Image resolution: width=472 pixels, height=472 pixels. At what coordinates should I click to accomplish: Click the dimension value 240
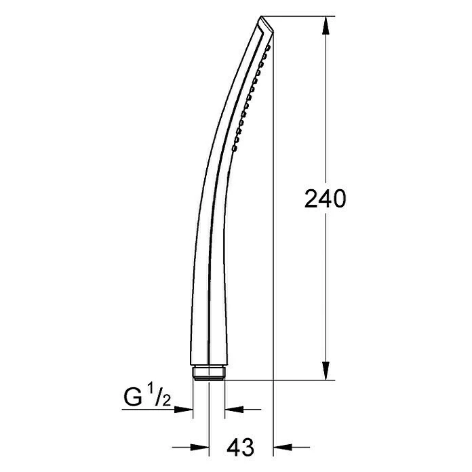click(326, 199)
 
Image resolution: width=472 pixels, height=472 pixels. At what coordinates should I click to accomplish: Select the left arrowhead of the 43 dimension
click(200, 447)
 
